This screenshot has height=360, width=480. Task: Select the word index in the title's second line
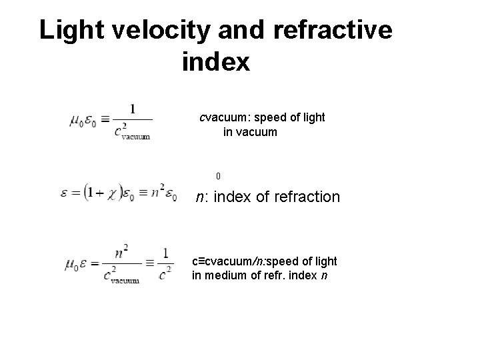pyautogui.click(x=215, y=63)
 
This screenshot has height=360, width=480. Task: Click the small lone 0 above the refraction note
pyautogui.click(x=218, y=177)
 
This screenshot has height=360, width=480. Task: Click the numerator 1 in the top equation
pyautogui.click(x=132, y=109)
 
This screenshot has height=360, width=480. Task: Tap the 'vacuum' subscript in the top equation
pyautogui.click(x=135, y=137)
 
